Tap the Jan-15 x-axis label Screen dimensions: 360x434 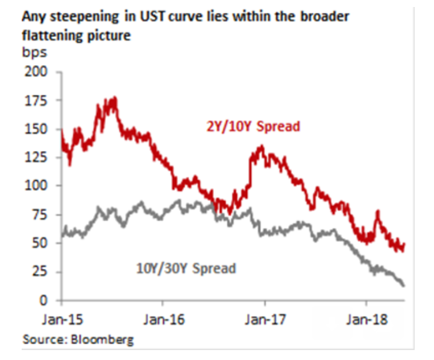coord(61,320)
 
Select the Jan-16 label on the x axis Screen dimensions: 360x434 coord(163,320)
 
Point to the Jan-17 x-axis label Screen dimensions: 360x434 coord(265,320)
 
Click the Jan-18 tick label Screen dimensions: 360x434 coord(367,320)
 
